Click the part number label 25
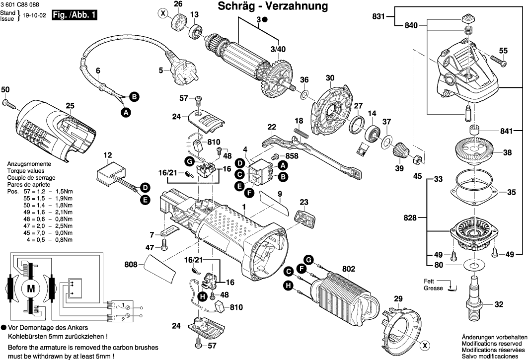(70, 105)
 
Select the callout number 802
(349, 269)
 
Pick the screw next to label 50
(10, 104)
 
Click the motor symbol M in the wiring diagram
(31, 288)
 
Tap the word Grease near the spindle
(433, 288)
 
